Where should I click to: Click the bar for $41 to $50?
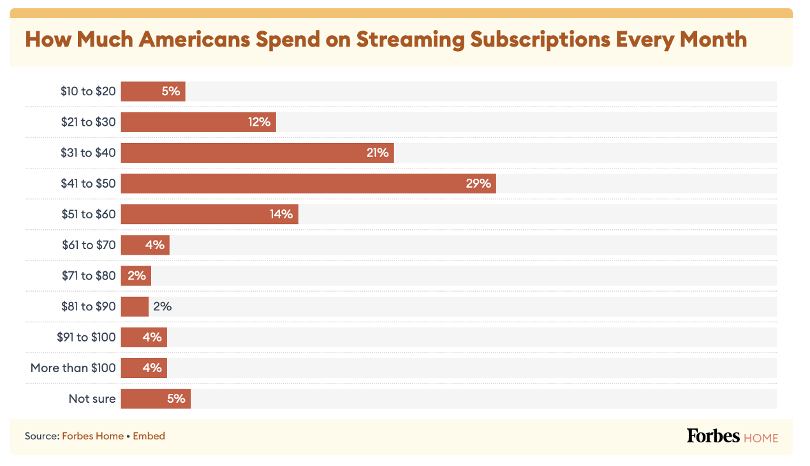[308, 183]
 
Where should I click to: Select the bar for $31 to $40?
[257, 153]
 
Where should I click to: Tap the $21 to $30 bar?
[198, 122]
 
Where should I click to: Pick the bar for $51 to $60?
[209, 214]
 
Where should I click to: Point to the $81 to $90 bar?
[135, 306]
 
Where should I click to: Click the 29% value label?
[478, 183]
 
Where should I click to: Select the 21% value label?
[377, 153]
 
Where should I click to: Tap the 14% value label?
[281, 214]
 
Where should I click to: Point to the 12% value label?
[260, 122]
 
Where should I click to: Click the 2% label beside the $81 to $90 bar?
[163, 306]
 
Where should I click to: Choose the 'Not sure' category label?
[92, 399]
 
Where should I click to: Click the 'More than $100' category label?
[73, 368]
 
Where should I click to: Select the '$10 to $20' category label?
[89, 91]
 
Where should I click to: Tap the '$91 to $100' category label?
[86, 337]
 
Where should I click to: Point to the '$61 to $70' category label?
[89, 244]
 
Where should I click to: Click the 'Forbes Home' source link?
[92, 436]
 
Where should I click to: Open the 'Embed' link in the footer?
[149, 436]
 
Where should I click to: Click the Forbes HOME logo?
[732, 437]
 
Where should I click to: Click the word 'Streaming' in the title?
[411, 39]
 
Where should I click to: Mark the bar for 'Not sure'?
[156, 399]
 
